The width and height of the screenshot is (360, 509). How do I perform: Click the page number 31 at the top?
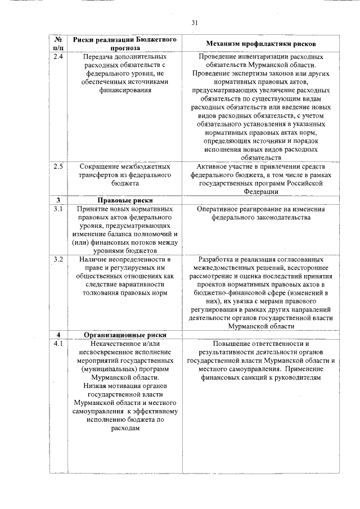tap(195, 22)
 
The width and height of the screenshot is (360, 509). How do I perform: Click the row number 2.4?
tap(58, 57)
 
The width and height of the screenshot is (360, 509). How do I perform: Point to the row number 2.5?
tap(58, 167)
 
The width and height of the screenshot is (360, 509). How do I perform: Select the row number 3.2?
tap(58, 259)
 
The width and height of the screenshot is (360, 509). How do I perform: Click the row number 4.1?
tap(58, 344)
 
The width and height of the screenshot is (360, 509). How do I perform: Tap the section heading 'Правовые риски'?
tap(125, 200)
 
